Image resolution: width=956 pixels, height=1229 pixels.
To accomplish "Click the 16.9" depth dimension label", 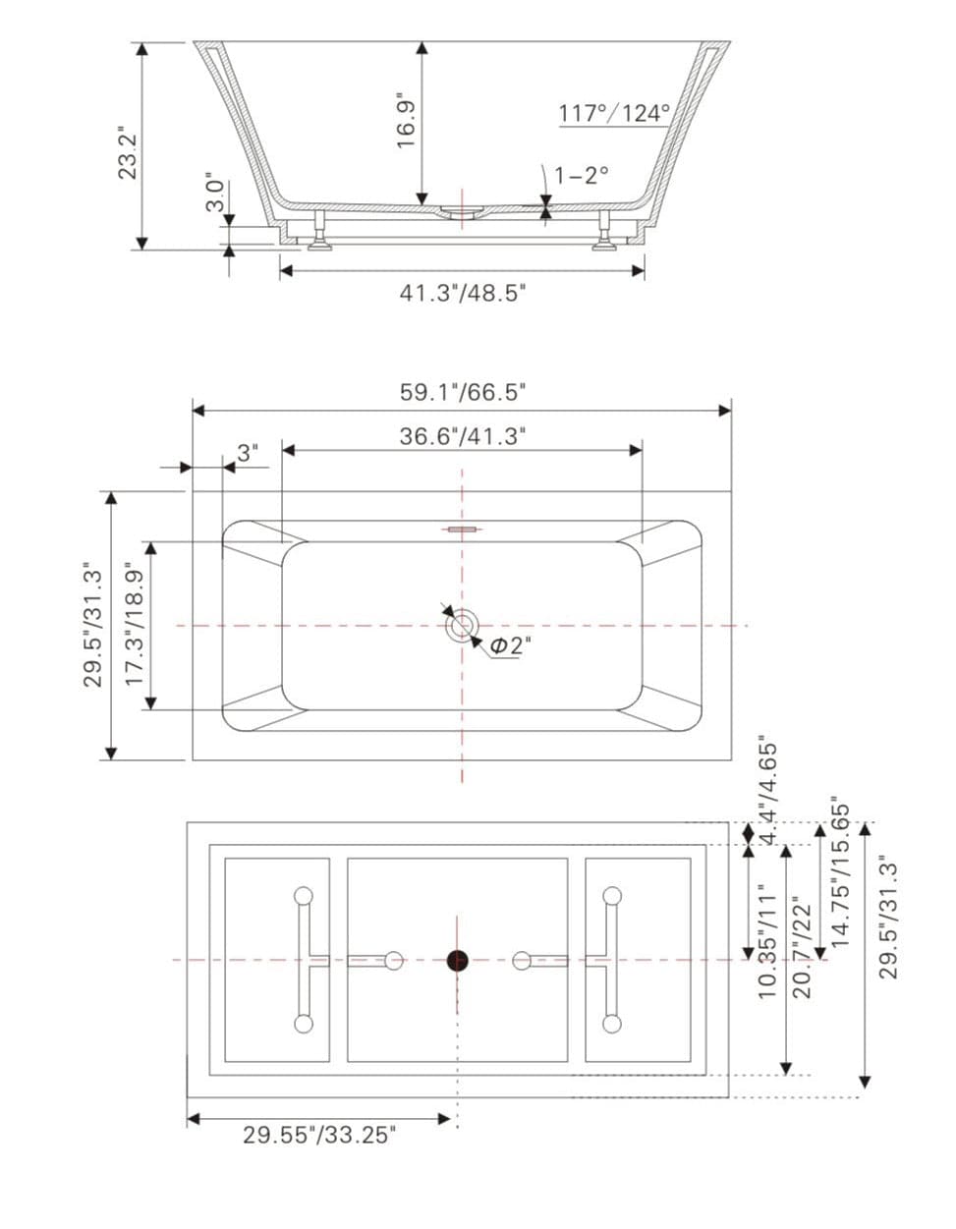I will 406,121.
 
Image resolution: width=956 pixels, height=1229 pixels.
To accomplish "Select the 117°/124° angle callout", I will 614,113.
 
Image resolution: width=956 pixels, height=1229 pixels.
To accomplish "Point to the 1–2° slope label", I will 582,175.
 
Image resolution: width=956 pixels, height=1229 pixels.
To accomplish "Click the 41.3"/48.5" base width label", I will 462,292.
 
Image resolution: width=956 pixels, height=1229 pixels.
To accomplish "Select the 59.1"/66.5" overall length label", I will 462,392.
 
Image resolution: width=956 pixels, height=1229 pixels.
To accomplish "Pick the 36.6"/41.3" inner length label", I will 462,435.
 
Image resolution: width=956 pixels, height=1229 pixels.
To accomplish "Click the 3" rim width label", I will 249,453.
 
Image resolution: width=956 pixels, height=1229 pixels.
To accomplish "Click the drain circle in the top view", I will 461,625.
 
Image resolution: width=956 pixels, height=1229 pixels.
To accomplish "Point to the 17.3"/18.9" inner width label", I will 135,624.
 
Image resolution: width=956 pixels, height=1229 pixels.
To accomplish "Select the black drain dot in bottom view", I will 457,961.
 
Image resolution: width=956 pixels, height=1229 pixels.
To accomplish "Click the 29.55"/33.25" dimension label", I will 319,1136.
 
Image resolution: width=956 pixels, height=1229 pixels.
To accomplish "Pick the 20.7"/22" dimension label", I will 803,946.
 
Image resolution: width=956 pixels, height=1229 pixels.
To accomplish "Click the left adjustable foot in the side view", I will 318,231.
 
